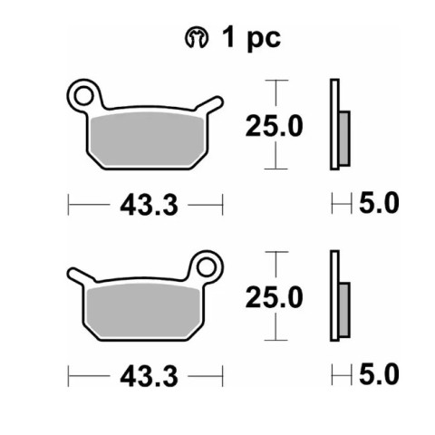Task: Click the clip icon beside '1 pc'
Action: pos(197,38)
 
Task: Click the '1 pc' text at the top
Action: pos(251,38)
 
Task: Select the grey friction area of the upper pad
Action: pos(147,140)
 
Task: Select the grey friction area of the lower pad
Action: pos(143,311)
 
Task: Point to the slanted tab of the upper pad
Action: pos(209,103)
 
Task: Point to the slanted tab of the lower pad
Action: pos(81,275)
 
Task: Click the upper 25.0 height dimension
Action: pos(275,126)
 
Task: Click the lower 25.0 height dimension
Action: pos(275,297)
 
